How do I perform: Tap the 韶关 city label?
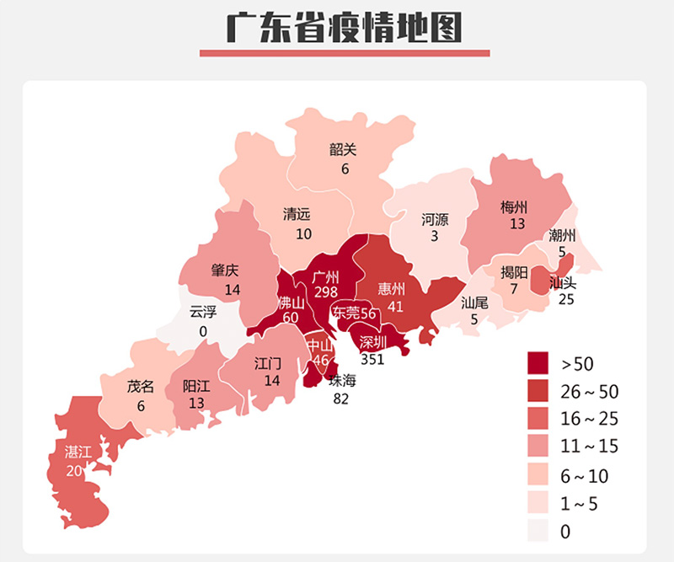tap(343, 150)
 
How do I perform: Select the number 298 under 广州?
tap(325, 292)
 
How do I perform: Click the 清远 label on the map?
tap(296, 214)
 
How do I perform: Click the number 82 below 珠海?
tap(341, 399)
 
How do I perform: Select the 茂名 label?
tap(141, 387)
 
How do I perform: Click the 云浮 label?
tap(203, 312)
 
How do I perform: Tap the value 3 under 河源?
tap(435, 237)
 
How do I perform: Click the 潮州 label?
tap(562, 235)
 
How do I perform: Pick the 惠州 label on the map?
tap(391, 289)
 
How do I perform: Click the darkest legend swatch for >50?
tap(539, 364)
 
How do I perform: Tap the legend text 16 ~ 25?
tap(590, 420)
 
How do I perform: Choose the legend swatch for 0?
tap(539, 531)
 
